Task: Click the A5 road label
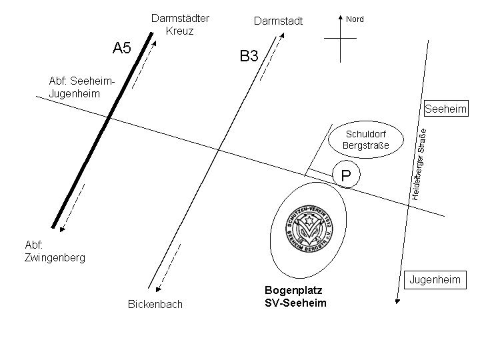pos(122,48)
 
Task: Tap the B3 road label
pos(249,57)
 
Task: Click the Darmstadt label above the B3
pos(278,21)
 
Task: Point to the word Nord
pos(355,19)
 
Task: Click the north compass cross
pos(340,39)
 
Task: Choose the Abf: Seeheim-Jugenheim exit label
pos(82,87)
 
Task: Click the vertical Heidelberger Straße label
pos(418,164)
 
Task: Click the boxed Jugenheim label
pos(435,280)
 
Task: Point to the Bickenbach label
pos(155,305)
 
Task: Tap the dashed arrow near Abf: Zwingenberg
pos(73,207)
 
